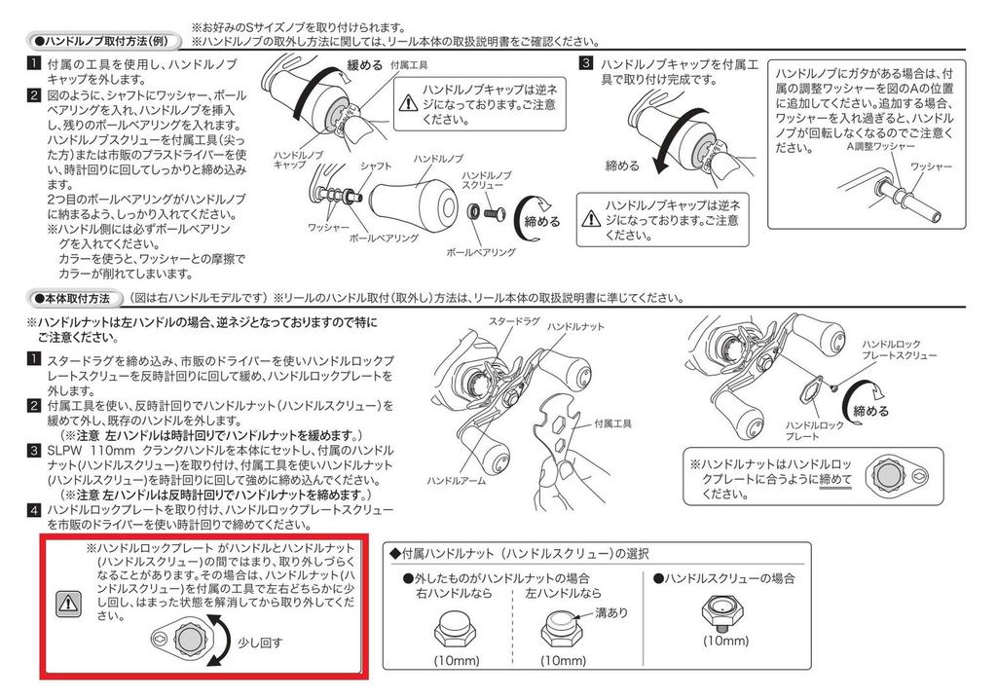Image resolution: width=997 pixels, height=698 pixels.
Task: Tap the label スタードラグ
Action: pyautogui.click(x=514, y=321)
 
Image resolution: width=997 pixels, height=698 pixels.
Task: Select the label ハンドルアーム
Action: pyautogui.click(x=457, y=481)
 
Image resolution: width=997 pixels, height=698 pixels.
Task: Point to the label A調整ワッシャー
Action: pyautogui.click(x=880, y=146)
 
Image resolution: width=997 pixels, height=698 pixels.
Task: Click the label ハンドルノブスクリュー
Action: pyautogui.click(x=487, y=179)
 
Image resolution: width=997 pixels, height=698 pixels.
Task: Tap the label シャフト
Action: pyautogui.click(x=375, y=165)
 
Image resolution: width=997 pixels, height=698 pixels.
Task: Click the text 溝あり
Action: pyautogui.click(x=611, y=612)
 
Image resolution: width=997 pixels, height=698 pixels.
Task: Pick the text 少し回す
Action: pyautogui.click(x=259, y=643)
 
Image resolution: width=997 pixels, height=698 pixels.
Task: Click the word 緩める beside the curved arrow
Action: pyautogui.click(x=364, y=65)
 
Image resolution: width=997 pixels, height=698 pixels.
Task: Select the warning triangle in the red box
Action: pyautogui.click(x=68, y=602)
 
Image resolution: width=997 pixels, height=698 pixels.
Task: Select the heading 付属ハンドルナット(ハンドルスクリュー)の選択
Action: pyautogui.click(x=520, y=554)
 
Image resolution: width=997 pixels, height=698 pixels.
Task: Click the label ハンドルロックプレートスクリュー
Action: pyautogui.click(x=899, y=349)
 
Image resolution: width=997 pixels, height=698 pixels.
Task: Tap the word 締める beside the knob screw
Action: pyautogui.click(x=541, y=222)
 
